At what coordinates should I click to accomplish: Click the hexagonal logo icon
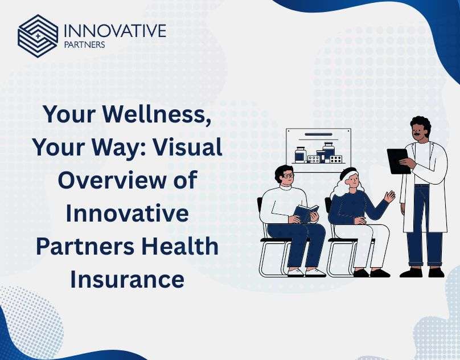coord(38,36)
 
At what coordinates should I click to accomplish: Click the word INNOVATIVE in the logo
coord(115,31)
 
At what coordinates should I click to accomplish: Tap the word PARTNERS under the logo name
coord(84,45)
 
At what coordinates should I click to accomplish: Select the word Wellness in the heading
coord(157,114)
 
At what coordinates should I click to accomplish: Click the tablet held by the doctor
coord(399,161)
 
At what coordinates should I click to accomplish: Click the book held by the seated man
coord(306,213)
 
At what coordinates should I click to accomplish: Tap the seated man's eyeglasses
coord(287,175)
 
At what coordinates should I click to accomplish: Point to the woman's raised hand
coord(390,196)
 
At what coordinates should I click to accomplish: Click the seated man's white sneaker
coord(315,273)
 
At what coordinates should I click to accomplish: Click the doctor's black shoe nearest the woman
coord(410,272)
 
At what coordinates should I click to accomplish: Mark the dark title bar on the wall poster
coord(318,134)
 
